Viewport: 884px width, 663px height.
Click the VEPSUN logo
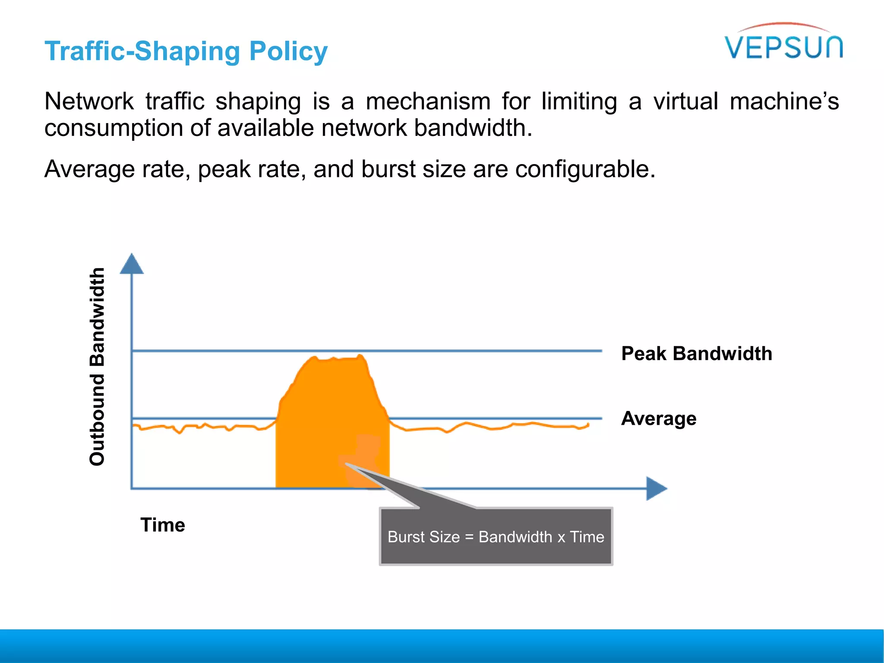[x=783, y=43]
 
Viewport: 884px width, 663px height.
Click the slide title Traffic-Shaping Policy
[x=186, y=51]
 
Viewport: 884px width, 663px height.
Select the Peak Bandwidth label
[x=696, y=354]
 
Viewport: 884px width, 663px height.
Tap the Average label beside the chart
[x=658, y=419]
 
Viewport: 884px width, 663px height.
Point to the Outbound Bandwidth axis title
[x=97, y=366]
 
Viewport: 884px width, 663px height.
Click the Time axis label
[x=163, y=525]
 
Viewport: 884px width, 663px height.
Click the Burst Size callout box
[x=496, y=537]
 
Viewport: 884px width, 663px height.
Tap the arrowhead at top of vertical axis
[x=132, y=264]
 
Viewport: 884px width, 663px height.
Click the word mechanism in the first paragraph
[x=428, y=101]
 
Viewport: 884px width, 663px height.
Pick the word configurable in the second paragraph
[x=585, y=169]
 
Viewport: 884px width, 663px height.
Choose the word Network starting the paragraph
[x=89, y=101]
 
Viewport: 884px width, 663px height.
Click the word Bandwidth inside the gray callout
[x=515, y=537]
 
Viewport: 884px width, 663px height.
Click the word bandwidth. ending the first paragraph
[x=473, y=128]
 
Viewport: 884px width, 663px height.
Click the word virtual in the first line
[x=685, y=101]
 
